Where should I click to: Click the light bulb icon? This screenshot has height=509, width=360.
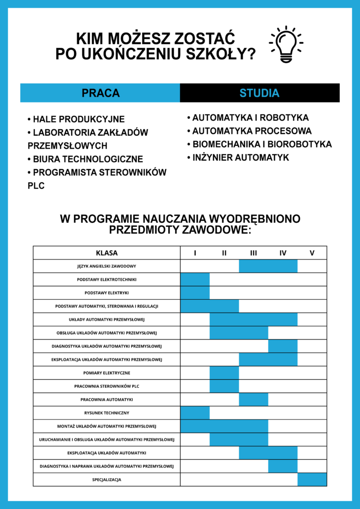pyautogui.click(x=286, y=45)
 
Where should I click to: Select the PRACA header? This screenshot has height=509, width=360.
pyautogui.click(x=100, y=93)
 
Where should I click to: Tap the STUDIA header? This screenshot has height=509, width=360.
pyautogui.click(x=260, y=93)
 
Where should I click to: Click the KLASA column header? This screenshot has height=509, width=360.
pyautogui.click(x=106, y=253)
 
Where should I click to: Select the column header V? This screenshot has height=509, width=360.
pyautogui.click(x=312, y=253)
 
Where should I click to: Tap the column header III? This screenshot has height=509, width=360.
pyautogui.click(x=254, y=253)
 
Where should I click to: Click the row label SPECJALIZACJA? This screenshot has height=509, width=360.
pyautogui.click(x=106, y=480)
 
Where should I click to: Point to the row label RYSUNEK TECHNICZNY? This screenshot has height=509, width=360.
pyautogui.click(x=106, y=413)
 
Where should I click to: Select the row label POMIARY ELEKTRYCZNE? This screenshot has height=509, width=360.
pyautogui.click(x=106, y=373)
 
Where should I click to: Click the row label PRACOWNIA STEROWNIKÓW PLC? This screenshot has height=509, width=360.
pyautogui.click(x=106, y=386)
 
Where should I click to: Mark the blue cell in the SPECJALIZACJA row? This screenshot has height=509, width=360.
pyautogui.click(x=312, y=480)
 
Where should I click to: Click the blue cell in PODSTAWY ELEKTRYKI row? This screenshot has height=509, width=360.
pyautogui.click(x=195, y=293)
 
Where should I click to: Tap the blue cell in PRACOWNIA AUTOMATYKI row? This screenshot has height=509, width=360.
pyautogui.click(x=254, y=400)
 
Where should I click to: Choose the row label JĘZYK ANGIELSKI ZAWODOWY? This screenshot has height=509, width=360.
pyautogui.click(x=106, y=266)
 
